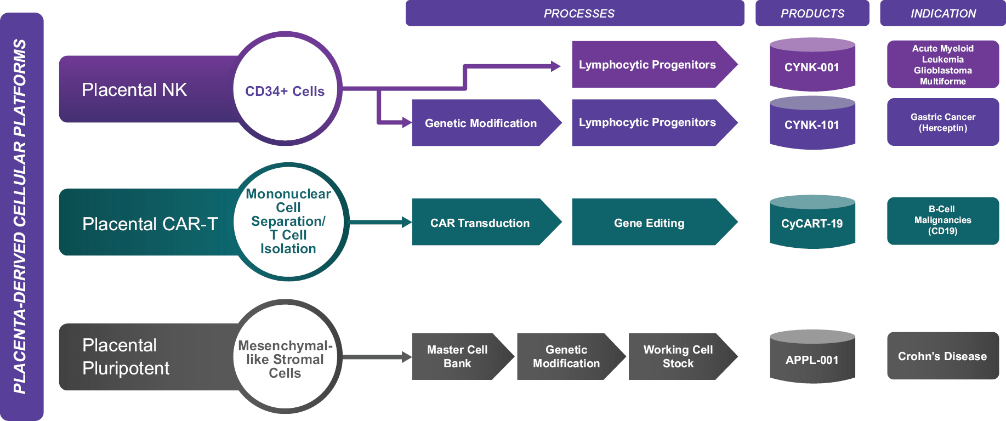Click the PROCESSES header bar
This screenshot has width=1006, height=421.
(575, 13)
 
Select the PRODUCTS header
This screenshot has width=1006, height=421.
(812, 13)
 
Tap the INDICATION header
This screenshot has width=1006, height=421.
(943, 13)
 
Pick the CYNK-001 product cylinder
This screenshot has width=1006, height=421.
(812, 64)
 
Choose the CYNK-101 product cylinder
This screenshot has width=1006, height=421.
(812, 122)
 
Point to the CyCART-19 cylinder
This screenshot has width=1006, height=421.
(812, 221)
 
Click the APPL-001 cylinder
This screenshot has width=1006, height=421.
(812, 356)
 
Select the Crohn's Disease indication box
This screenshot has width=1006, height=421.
(943, 356)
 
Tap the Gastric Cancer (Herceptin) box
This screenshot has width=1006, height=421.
(943, 122)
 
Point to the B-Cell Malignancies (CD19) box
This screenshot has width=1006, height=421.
(943, 221)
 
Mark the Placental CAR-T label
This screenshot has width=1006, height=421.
(150, 224)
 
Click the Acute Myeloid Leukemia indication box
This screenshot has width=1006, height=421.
(943, 64)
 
